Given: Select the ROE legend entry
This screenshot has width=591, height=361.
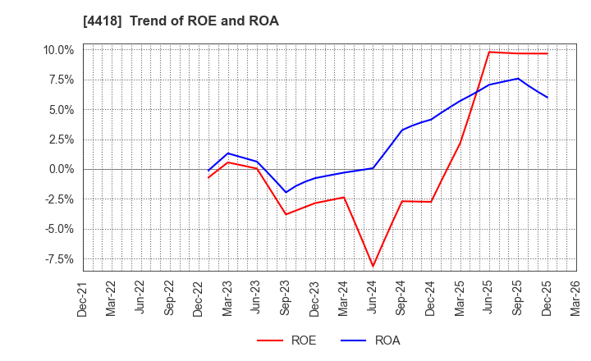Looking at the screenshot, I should click(x=286, y=340).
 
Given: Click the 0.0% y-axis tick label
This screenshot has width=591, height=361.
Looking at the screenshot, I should click(x=60, y=169).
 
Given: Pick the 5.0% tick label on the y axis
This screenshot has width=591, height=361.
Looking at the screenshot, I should click(x=60, y=110).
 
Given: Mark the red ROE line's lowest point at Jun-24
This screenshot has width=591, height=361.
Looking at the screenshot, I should click(x=373, y=266).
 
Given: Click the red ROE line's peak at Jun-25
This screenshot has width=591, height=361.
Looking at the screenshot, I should click(x=489, y=52).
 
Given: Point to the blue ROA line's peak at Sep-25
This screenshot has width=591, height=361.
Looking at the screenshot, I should click(x=518, y=79).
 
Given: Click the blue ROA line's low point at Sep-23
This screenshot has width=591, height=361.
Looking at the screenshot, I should click(x=286, y=193).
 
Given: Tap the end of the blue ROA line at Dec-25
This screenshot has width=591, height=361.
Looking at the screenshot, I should click(x=547, y=98).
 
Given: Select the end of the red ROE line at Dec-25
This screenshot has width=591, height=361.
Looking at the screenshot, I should click(x=547, y=53).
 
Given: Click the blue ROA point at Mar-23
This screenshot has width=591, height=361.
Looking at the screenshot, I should click(x=228, y=153).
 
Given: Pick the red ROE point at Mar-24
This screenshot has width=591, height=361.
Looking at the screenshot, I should click(x=344, y=197).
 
